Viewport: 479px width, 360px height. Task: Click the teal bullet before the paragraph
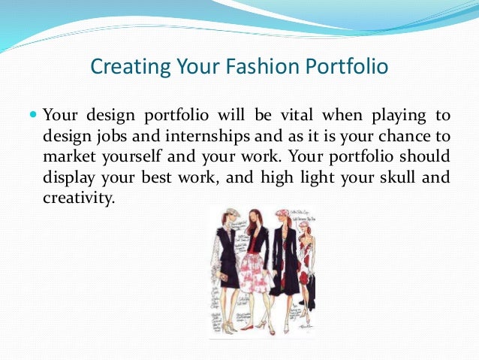(x=32, y=116)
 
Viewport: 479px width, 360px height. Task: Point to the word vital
(x=288, y=116)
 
